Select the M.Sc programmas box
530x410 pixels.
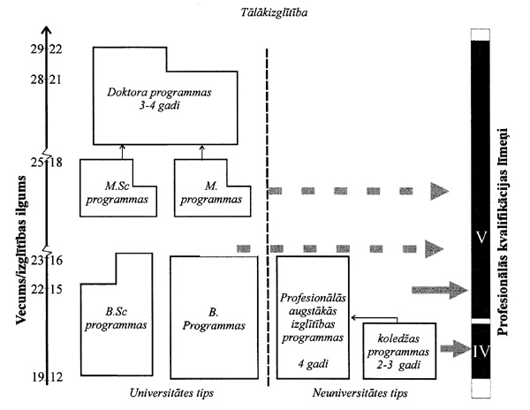118,191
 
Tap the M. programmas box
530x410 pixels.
211,191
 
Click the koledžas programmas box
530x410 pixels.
400,349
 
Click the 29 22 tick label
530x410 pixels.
44,49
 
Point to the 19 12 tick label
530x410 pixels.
44,378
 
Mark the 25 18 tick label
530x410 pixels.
44,163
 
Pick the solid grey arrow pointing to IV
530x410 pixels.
456,348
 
